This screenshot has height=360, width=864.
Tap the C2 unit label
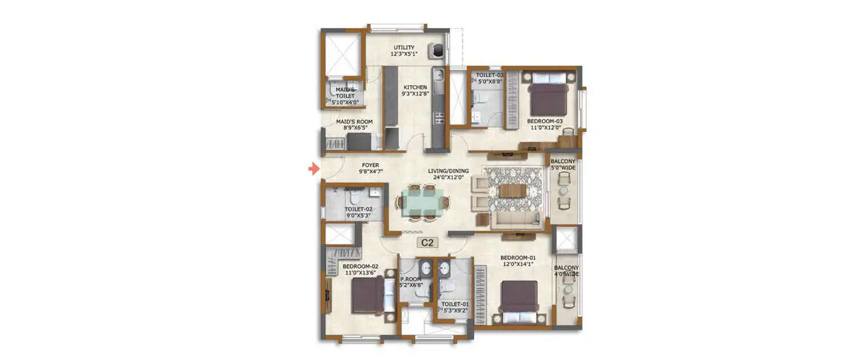click(427, 242)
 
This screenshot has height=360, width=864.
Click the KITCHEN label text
click(415, 88)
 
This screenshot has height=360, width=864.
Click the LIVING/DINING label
click(448, 171)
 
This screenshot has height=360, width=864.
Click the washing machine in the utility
click(437, 51)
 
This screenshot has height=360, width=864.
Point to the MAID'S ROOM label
click(354, 122)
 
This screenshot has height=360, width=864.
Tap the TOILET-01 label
click(453, 304)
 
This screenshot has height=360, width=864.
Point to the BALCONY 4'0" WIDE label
click(567, 271)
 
